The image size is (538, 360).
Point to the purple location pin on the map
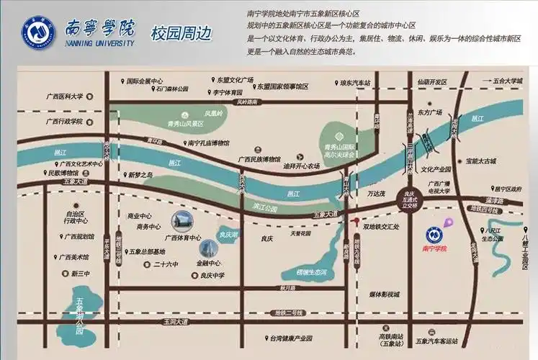click(447, 222)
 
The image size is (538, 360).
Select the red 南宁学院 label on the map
click(434, 248)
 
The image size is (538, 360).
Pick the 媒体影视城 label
click(390, 294)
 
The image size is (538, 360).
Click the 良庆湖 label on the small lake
click(228, 234)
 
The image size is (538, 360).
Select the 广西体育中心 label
click(183, 238)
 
